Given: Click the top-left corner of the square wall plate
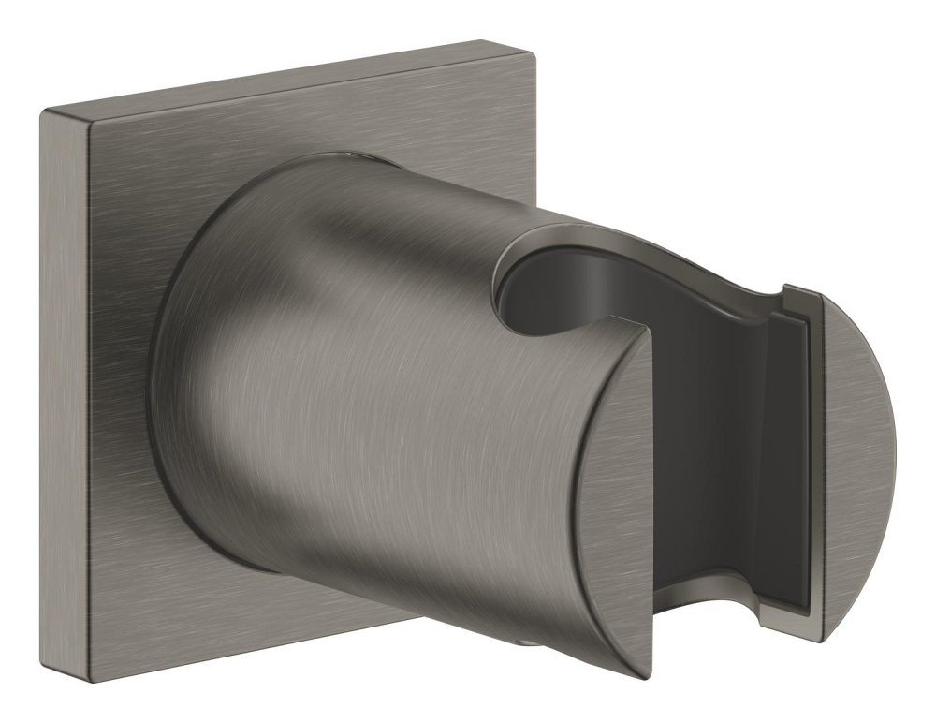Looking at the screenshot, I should (x=42, y=111).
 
